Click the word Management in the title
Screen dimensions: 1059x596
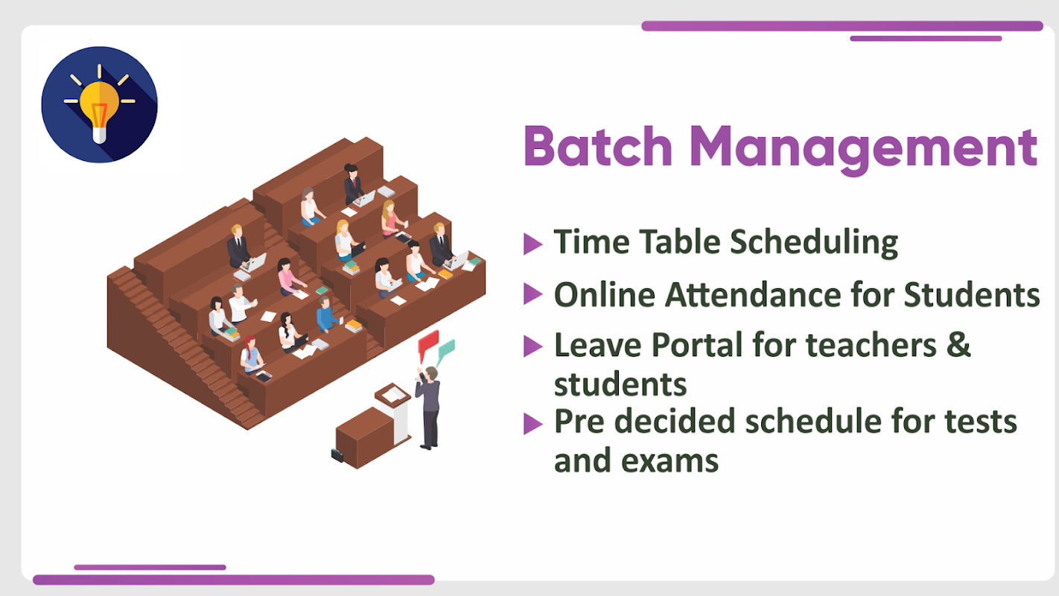click(x=864, y=148)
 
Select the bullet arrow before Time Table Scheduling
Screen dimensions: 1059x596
click(x=532, y=244)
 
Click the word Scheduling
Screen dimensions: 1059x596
click(x=814, y=243)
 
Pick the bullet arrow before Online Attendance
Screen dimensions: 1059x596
click(x=532, y=294)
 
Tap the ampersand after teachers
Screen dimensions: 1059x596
click(x=958, y=344)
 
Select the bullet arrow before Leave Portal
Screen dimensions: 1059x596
click(x=532, y=346)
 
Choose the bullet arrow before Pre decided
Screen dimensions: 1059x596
click(x=532, y=423)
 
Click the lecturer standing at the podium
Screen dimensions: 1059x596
click(x=429, y=408)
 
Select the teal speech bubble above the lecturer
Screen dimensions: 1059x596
click(x=446, y=351)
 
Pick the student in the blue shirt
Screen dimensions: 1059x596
click(x=326, y=314)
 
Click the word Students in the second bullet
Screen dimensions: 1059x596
click(x=972, y=295)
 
